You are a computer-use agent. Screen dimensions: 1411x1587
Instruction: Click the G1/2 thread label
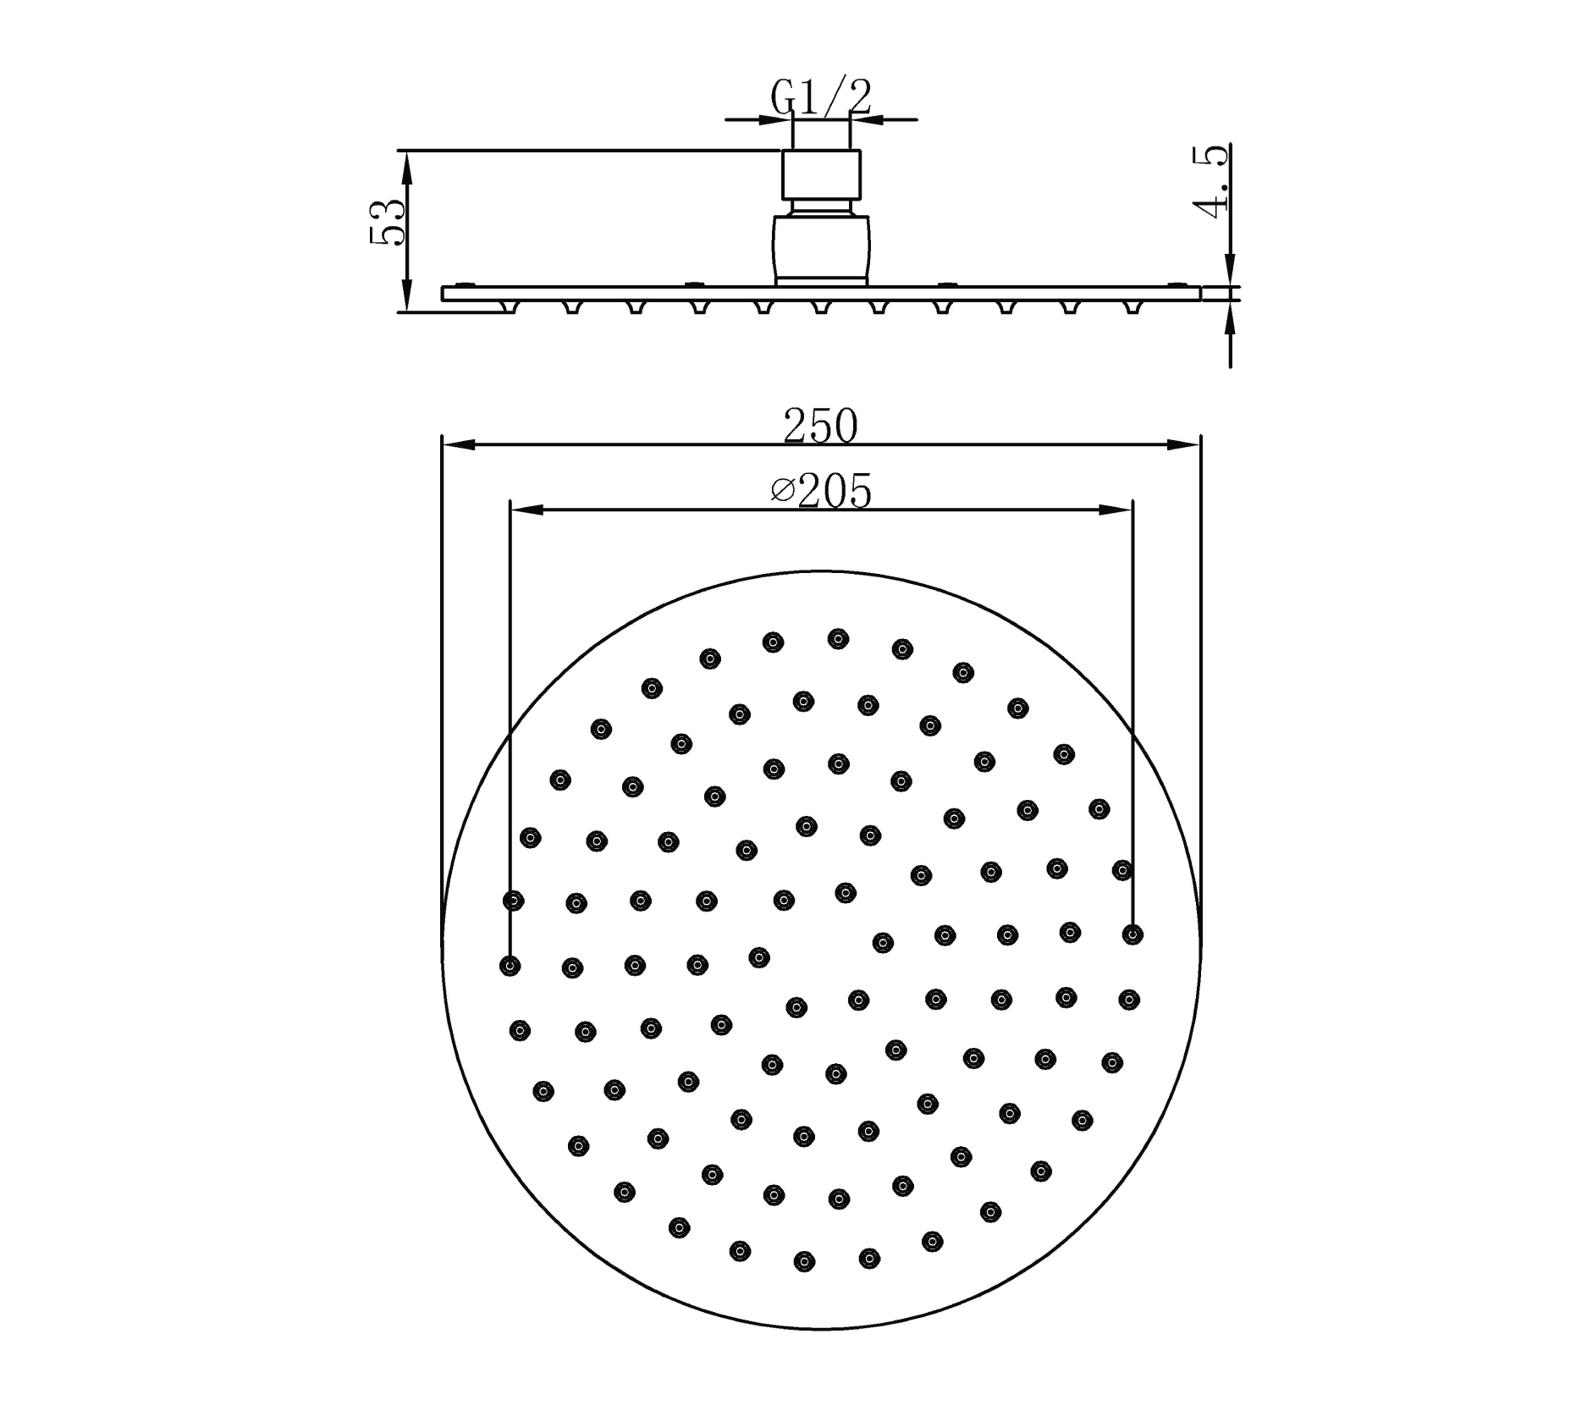820,97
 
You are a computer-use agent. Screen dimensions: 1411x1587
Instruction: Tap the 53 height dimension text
388,223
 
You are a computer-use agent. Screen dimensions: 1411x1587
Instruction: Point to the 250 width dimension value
820,425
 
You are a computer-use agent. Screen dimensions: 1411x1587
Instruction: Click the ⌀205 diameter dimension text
820,492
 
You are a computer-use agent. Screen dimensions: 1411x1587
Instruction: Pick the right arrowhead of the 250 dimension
1185,444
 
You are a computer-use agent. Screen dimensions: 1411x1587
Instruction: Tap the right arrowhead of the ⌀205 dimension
1116,510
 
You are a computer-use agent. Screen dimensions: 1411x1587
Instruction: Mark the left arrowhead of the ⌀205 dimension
526,510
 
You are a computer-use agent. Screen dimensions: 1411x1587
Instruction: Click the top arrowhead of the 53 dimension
406,166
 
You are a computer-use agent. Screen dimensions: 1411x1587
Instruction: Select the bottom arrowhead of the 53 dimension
406,298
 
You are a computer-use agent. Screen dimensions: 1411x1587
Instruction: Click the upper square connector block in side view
820,174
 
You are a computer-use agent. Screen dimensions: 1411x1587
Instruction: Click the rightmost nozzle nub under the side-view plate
1132,306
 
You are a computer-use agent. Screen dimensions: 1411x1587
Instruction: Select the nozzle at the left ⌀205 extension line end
510,965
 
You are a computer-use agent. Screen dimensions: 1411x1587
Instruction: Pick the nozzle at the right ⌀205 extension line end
1132,934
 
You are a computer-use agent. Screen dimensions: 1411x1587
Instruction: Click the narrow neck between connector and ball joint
820,207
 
